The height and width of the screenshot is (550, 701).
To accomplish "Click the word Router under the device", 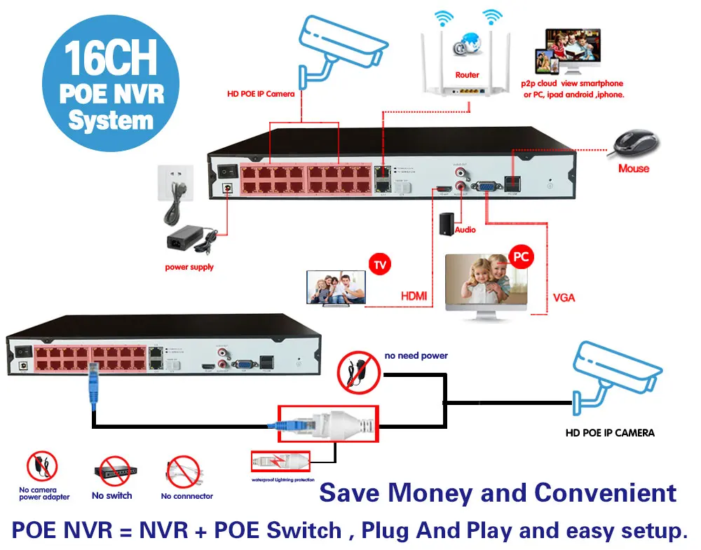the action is (x=467, y=75).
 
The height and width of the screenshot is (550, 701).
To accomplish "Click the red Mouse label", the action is (x=634, y=168).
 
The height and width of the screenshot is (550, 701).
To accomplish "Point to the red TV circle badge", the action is (x=379, y=264).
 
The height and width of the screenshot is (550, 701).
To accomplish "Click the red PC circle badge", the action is (x=521, y=257).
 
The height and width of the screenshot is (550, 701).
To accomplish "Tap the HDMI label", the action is (x=414, y=297).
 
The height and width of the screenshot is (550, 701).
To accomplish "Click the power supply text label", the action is (x=189, y=267).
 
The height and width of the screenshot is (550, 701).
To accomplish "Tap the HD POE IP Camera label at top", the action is (x=261, y=93).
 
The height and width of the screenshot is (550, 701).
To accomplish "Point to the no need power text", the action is (x=416, y=356).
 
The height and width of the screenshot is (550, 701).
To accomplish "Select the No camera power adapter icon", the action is (x=43, y=467).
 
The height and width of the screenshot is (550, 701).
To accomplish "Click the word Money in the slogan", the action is (x=448, y=493).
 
